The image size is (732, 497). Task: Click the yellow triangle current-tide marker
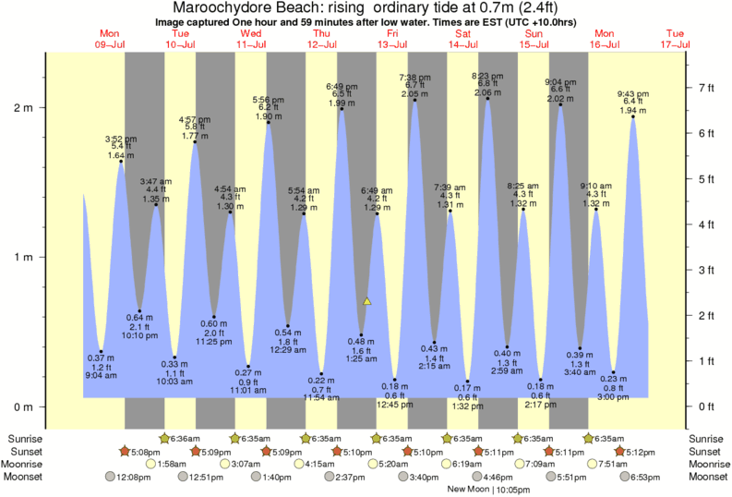pyautogui.click(x=367, y=301)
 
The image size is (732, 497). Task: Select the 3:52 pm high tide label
pyautogui.click(x=121, y=139)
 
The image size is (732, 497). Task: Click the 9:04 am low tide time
pyautogui.click(x=102, y=376)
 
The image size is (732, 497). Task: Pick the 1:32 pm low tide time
pyautogui.click(x=467, y=406)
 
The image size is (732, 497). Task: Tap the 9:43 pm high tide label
pyautogui.click(x=632, y=94)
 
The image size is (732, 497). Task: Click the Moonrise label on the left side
pyautogui.click(x=29, y=464)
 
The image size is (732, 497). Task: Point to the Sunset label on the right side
pyautogui.click(x=705, y=451)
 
